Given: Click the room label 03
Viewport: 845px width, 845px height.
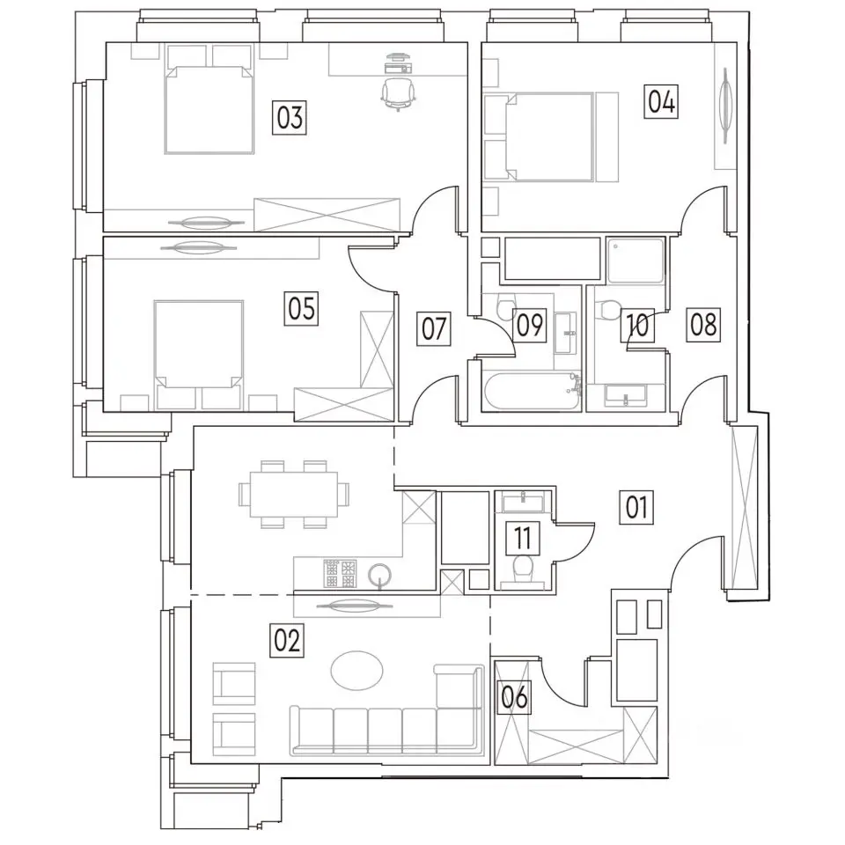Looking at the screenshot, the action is pyautogui.click(x=290, y=117).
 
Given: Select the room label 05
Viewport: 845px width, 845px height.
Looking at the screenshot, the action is pyautogui.click(x=301, y=309).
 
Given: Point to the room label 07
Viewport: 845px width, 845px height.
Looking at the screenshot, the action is pyautogui.click(x=434, y=328).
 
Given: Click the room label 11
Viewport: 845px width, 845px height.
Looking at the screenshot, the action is pyautogui.click(x=523, y=538).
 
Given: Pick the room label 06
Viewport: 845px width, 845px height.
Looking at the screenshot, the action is pyautogui.click(x=514, y=698).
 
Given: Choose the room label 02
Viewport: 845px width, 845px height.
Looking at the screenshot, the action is pyautogui.click(x=287, y=641).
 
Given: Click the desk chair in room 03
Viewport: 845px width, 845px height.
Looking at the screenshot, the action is pyautogui.click(x=399, y=94).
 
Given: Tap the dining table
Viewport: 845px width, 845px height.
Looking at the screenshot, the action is pyautogui.click(x=294, y=494).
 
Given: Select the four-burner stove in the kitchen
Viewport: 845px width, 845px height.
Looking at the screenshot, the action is pyautogui.click(x=340, y=573).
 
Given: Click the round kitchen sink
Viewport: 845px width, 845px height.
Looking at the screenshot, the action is pyautogui.click(x=380, y=576).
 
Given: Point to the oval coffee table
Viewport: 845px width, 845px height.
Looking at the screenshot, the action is pyautogui.click(x=356, y=671).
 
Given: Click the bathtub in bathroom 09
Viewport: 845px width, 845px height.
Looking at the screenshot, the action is pyautogui.click(x=533, y=392).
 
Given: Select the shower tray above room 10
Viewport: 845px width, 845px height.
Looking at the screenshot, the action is pyautogui.click(x=636, y=261).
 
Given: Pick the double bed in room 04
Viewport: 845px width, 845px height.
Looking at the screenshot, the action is pyautogui.click(x=549, y=136).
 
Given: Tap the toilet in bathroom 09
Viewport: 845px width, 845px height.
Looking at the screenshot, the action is pyautogui.click(x=507, y=306).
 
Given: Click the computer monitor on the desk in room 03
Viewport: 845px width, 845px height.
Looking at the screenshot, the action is pyautogui.click(x=399, y=55).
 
